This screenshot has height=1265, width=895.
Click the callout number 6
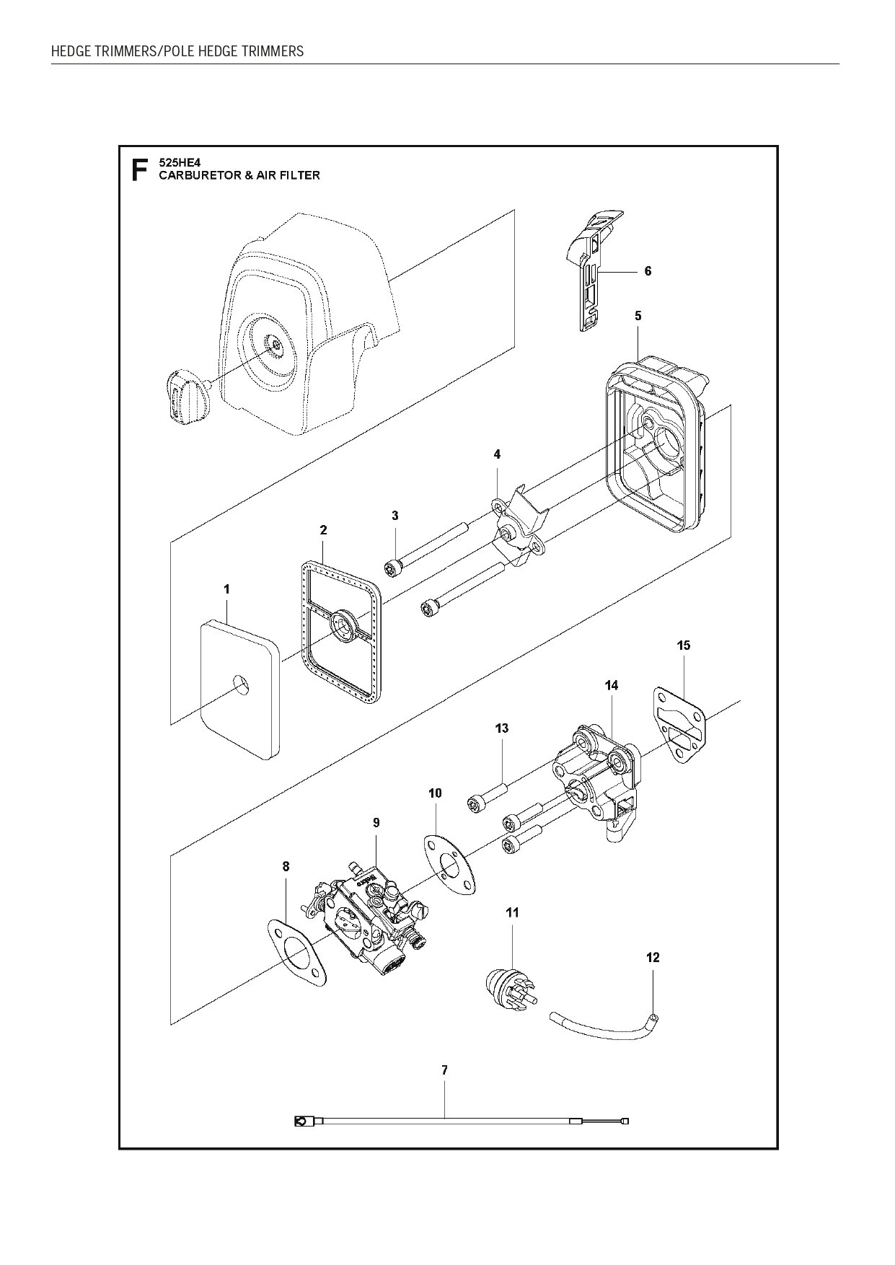pyautogui.click(x=648, y=271)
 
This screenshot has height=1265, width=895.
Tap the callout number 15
pyautogui.click(x=684, y=645)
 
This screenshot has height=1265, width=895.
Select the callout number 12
pyautogui.click(x=653, y=958)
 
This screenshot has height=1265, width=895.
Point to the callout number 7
pyautogui.click(x=445, y=1071)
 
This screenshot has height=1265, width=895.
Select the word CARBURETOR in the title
pyautogui.click(x=195, y=175)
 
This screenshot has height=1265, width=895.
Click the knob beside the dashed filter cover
pyautogui.click(x=183, y=395)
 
